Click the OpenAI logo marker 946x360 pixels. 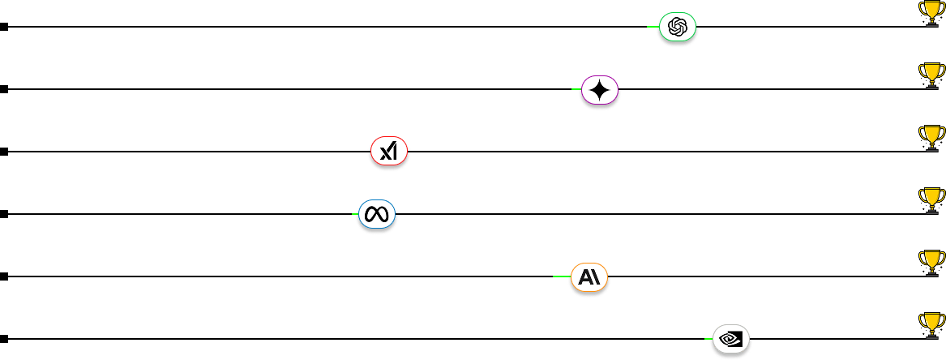pos(678,28)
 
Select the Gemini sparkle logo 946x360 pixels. pos(601,90)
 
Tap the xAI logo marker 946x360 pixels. pos(389,152)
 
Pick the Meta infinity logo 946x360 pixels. pos(377,215)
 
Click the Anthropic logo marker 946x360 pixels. pos(589,277)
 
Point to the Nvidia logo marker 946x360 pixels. pos(731,337)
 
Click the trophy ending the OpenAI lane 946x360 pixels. pos(931,12)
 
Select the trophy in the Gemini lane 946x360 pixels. pos(931,75)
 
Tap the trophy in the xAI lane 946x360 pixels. pos(931,137)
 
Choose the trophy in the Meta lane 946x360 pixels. pos(931,199)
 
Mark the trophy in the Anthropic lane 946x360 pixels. pos(931,262)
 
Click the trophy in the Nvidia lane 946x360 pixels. pos(931,324)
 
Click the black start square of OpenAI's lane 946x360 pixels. pos(4,27)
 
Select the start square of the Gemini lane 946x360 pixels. pos(4,89)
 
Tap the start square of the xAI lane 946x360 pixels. pos(4,152)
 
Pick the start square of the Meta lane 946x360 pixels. pos(4,214)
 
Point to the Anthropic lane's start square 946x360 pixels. pos(4,276)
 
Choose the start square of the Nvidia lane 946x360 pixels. pos(4,339)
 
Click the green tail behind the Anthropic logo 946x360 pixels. pos(561,276)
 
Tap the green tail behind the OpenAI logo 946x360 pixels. pos(652,27)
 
